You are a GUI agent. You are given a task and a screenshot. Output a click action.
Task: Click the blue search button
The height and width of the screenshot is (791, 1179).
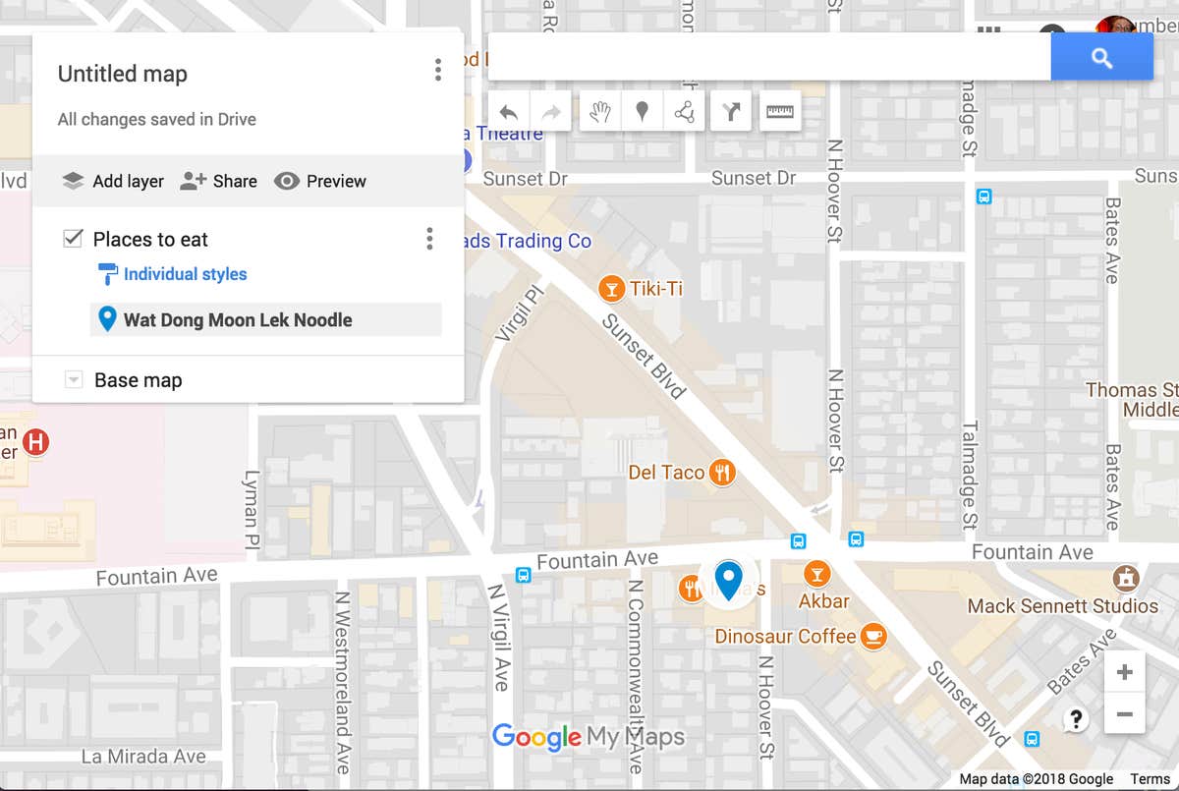click(x=1101, y=58)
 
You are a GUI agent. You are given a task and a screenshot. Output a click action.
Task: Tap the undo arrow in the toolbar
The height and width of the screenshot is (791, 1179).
click(x=508, y=112)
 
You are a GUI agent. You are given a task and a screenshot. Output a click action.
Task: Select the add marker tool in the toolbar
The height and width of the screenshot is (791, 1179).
click(x=642, y=112)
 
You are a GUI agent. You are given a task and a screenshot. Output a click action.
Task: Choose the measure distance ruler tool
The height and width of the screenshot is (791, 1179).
click(x=780, y=112)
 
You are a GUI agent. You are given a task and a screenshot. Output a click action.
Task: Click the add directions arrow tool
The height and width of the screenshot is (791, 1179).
click(x=730, y=112)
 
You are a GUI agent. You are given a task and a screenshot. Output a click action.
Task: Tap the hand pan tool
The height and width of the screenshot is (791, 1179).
click(x=599, y=112)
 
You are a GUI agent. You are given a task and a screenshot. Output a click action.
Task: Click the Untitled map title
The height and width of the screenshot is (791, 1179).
click(x=123, y=74)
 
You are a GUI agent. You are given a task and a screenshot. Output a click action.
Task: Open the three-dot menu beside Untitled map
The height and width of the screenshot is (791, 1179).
click(x=437, y=70)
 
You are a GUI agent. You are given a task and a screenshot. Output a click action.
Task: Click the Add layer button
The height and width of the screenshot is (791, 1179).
click(x=113, y=181)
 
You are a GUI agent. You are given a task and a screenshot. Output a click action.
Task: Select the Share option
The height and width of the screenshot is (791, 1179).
click(x=219, y=181)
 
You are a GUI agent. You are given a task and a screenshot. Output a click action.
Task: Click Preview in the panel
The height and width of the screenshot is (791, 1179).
click(x=320, y=181)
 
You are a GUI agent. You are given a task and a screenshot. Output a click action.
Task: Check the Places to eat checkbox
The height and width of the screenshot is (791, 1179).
click(x=73, y=239)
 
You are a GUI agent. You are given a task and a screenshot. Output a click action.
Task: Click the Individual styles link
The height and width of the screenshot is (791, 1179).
click(x=185, y=274)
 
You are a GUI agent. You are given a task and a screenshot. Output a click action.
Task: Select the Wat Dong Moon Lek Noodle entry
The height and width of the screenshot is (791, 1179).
click(x=237, y=319)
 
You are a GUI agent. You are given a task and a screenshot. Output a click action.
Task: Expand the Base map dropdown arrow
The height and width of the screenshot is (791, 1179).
click(x=73, y=380)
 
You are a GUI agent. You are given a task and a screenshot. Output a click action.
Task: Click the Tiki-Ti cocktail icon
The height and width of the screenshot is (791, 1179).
click(x=612, y=289)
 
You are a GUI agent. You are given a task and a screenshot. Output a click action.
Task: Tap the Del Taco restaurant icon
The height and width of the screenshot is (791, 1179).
click(x=723, y=473)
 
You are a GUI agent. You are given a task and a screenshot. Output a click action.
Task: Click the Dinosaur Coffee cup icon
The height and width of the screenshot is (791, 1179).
click(x=872, y=637)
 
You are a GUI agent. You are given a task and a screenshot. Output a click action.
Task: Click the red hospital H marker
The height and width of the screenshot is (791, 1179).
click(x=36, y=442)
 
